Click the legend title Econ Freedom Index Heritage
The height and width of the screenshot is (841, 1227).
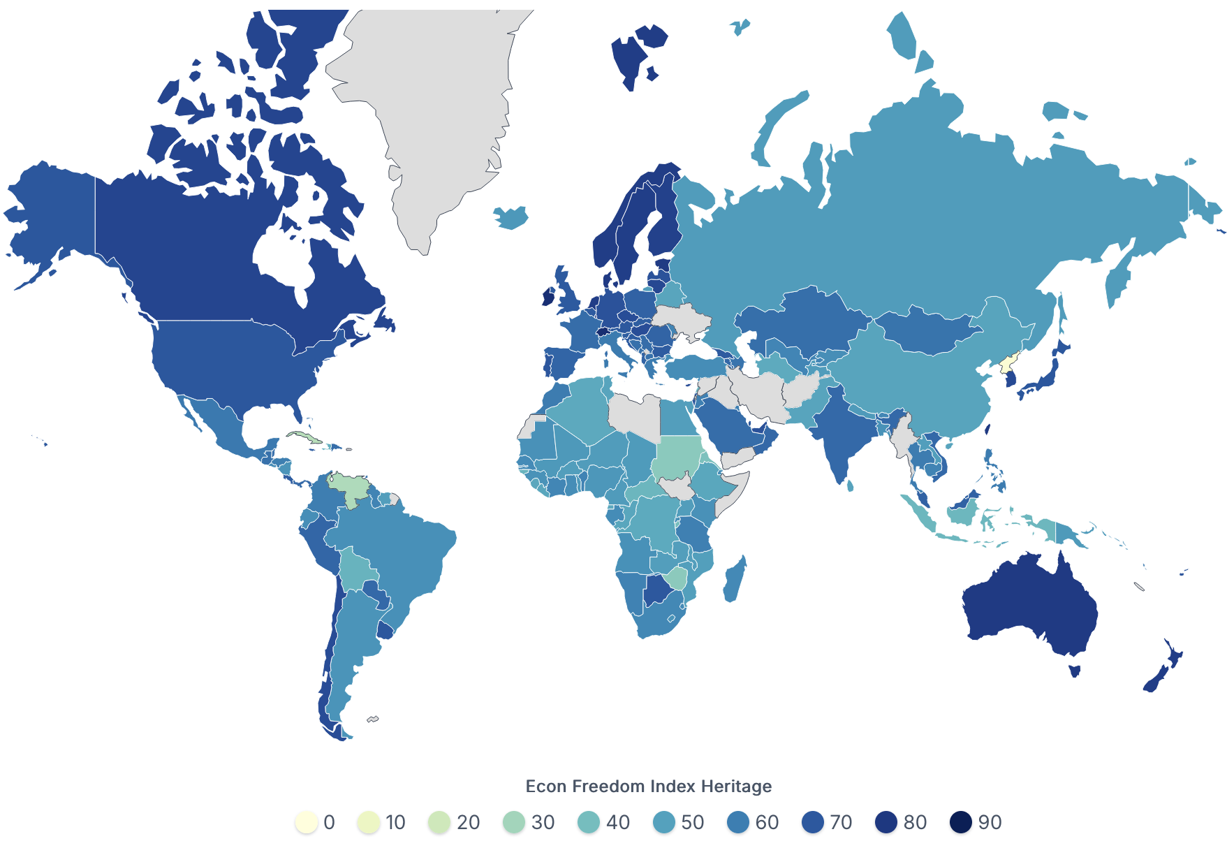coord(648,787)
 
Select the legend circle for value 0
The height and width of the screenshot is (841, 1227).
coord(307,822)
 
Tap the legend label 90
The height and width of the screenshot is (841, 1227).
coord(990,822)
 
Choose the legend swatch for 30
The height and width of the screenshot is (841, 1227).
coord(514,822)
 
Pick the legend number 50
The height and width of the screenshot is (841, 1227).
coord(692,822)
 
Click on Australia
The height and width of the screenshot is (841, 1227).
coord(1027,608)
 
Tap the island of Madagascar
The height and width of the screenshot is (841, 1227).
coord(734,580)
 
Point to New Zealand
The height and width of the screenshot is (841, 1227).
coord(1163,671)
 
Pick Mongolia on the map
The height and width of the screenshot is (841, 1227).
coord(922,328)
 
